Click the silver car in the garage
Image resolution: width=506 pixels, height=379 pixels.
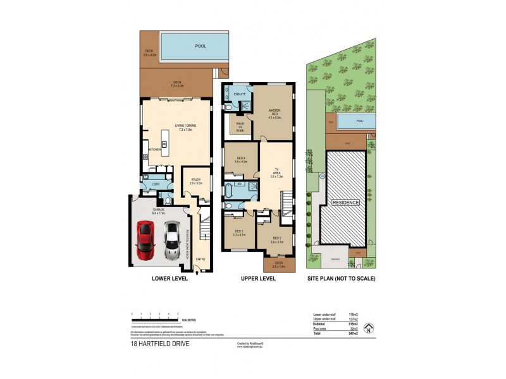tap(171, 240)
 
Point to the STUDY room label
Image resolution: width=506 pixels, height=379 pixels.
tap(196, 181)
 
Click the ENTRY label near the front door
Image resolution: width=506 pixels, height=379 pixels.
tap(201, 259)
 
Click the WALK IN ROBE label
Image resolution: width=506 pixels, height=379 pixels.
tap(240, 126)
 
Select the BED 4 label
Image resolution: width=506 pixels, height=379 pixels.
tap(241, 160)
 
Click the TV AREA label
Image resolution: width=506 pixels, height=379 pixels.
tap(276, 171)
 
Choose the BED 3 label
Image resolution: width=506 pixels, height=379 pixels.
tap(239, 233)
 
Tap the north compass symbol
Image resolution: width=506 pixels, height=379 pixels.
tap(368, 328)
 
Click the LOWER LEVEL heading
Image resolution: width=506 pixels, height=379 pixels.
tap(170, 279)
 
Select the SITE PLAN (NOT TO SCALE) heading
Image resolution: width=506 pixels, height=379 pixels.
tap(342, 279)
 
